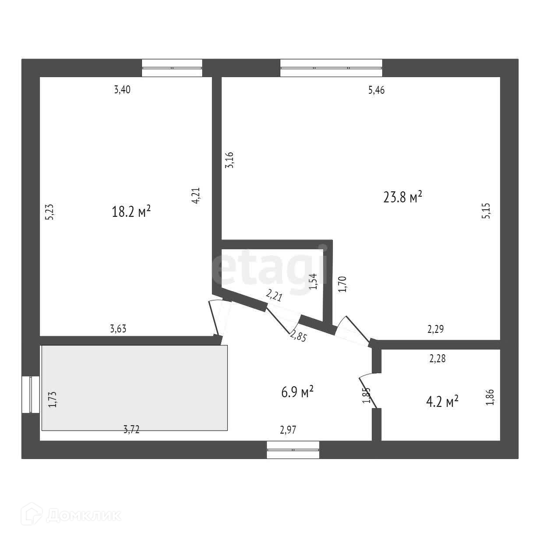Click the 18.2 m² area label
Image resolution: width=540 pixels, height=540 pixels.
(x=131, y=212)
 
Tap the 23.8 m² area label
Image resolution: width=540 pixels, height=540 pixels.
(x=402, y=197)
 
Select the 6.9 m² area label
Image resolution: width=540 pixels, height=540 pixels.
(x=297, y=392)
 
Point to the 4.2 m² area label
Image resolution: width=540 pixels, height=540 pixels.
(x=442, y=401)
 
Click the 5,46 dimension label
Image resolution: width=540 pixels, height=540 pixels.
(x=376, y=91)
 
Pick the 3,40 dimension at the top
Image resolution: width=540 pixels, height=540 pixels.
(x=122, y=90)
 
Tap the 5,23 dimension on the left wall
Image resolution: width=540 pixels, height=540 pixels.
(x=49, y=212)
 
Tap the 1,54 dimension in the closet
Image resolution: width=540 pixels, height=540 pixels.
(x=313, y=281)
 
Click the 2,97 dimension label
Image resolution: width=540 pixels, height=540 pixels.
(x=288, y=430)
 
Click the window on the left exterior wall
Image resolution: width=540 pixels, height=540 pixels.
(x=31, y=394)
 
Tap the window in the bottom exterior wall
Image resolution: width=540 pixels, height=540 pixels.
(x=293, y=450)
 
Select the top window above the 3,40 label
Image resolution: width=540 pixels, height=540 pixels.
(x=172, y=68)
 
